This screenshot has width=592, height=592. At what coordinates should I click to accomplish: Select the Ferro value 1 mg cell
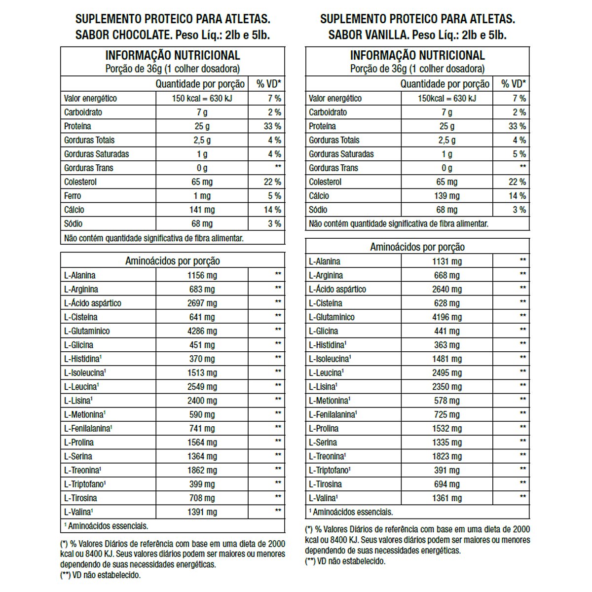click(x=202, y=196)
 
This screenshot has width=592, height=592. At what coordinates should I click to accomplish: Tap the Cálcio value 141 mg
click(x=202, y=210)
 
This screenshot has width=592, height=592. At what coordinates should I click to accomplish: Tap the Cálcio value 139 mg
click(x=446, y=196)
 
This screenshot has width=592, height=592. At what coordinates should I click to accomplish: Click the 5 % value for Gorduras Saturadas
click(x=519, y=154)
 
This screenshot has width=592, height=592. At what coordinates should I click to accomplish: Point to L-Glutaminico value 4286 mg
click(x=202, y=331)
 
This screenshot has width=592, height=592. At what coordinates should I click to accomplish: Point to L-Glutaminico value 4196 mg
click(x=446, y=317)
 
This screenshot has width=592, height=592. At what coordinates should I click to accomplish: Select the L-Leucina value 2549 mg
click(x=202, y=387)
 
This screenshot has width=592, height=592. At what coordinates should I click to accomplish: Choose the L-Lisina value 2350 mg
click(x=446, y=387)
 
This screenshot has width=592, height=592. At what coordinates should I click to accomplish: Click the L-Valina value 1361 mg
click(x=446, y=498)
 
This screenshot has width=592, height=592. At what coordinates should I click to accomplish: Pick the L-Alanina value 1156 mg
click(x=202, y=275)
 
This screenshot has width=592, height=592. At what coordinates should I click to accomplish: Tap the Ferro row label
click(x=73, y=196)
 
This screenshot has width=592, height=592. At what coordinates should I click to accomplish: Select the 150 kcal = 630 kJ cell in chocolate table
click(x=202, y=98)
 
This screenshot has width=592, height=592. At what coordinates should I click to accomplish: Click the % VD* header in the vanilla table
click(x=513, y=84)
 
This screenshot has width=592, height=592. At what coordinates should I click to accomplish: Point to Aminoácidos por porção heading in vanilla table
click(x=417, y=247)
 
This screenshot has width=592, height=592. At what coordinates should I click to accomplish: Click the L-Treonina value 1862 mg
click(x=202, y=470)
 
